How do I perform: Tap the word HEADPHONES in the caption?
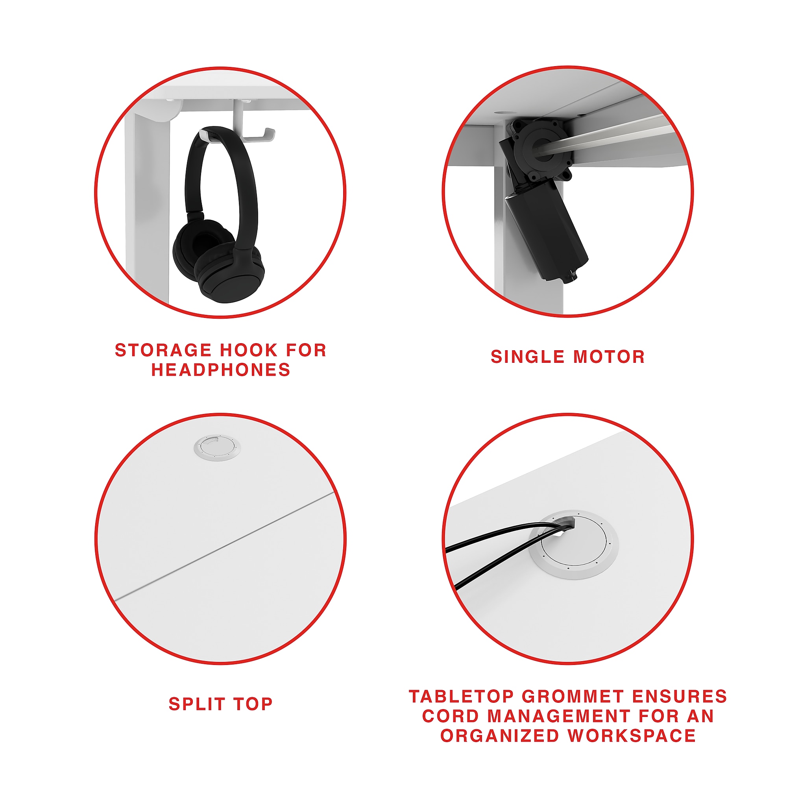pyautogui.click(x=221, y=370)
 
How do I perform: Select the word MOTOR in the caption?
pyautogui.click(x=609, y=357)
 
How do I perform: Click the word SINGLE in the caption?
pyautogui.click(x=527, y=357)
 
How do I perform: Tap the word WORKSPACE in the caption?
pyautogui.click(x=632, y=736)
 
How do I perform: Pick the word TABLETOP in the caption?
pyautogui.click(x=462, y=696)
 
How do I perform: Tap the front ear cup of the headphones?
pyautogui.click(x=229, y=277)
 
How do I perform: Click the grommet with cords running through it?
pyautogui.click(x=574, y=545)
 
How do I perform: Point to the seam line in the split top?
pyautogui.click(x=224, y=546)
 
